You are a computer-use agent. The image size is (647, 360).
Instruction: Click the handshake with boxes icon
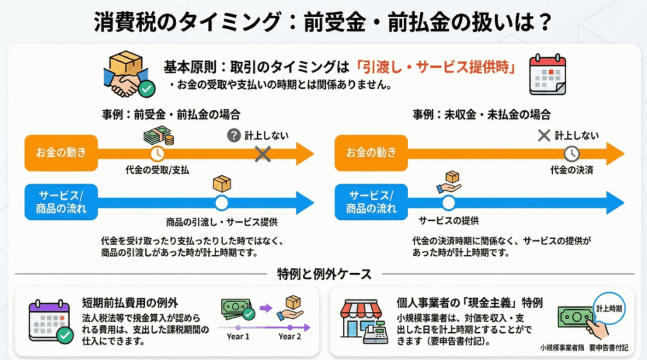pos(128,74)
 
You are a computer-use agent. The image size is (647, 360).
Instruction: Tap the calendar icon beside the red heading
pos(547,74)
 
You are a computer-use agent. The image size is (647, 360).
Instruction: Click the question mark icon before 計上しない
pos(234,135)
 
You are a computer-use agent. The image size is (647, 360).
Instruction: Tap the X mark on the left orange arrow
pos(263,153)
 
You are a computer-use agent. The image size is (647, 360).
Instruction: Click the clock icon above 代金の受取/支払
pos(157,153)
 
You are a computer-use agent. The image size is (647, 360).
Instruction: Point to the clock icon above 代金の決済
pos(571,153)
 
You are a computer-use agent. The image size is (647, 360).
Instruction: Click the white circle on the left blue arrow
pos(221,203)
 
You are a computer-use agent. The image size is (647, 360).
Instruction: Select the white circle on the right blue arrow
pos(448,203)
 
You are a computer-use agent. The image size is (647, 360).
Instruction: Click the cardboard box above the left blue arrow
pos(222,183)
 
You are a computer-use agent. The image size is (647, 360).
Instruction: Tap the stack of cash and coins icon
pos(158,135)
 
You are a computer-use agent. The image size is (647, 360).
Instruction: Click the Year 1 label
pos(238,337)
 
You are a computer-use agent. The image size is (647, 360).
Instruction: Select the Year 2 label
pos(290,337)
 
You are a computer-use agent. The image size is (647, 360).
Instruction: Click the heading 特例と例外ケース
pos(324,273)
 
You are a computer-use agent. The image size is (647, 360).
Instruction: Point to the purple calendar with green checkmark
pos(50,321)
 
